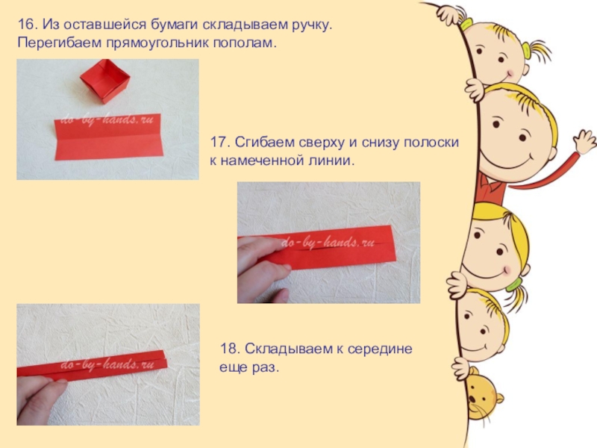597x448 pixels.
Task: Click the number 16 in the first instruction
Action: click(27, 25)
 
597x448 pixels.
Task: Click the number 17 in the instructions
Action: click(219, 143)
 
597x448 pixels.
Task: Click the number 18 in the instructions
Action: click(229, 349)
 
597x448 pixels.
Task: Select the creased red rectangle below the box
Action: click(109, 137)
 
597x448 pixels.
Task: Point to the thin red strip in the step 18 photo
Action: click(92, 366)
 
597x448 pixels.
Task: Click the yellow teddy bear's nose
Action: click(472, 399)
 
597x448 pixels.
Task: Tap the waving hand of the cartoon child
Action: click(584, 142)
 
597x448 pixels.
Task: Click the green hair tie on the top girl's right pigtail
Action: click(527, 50)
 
